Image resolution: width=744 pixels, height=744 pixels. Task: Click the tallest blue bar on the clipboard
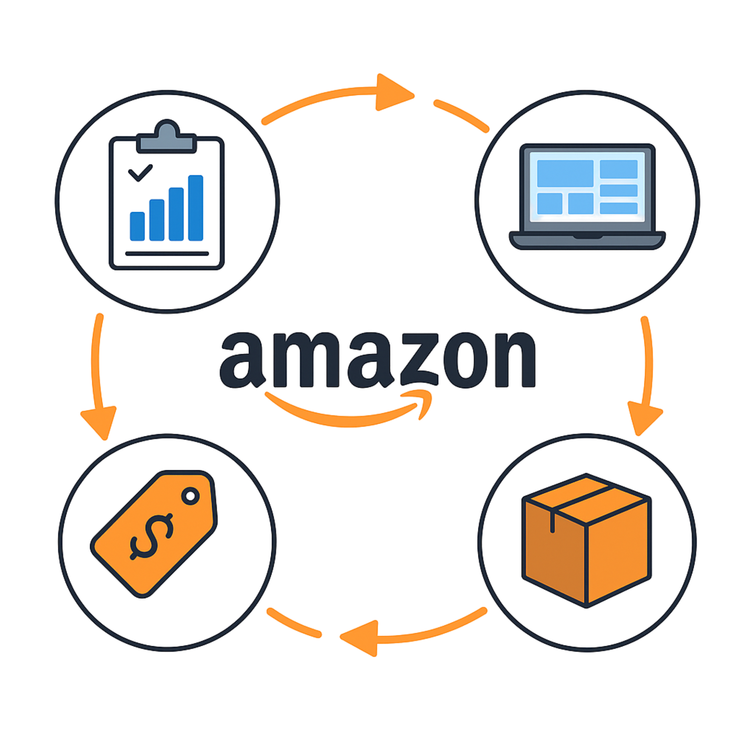[196, 208]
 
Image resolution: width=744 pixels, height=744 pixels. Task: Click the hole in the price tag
[190, 496]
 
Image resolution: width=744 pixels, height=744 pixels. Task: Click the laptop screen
[587, 186]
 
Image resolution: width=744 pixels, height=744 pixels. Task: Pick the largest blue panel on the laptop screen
[565, 173]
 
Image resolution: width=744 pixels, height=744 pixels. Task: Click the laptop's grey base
[587, 239]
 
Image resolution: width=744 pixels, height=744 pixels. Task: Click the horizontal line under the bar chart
[167, 253]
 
